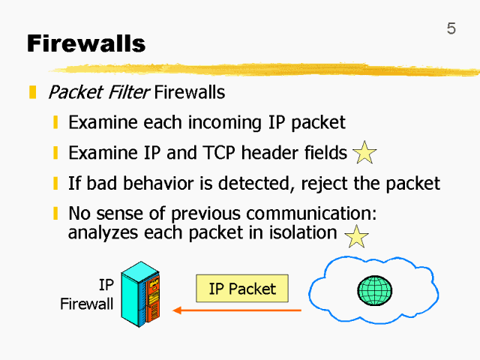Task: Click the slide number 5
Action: (x=451, y=29)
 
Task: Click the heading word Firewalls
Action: (x=86, y=43)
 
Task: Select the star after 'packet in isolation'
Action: (x=356, y=237)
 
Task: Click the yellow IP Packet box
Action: (x=242, y=289)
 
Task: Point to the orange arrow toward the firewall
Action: (x=236, y=310)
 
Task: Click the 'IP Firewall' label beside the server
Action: (x=88, y=295)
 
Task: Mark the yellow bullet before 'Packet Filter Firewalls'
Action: (x=33, y=93)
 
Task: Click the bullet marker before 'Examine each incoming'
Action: (x=56, y=123)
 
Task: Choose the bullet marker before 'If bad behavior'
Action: (x=56, y=183)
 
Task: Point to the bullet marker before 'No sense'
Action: (x=56, y=213)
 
